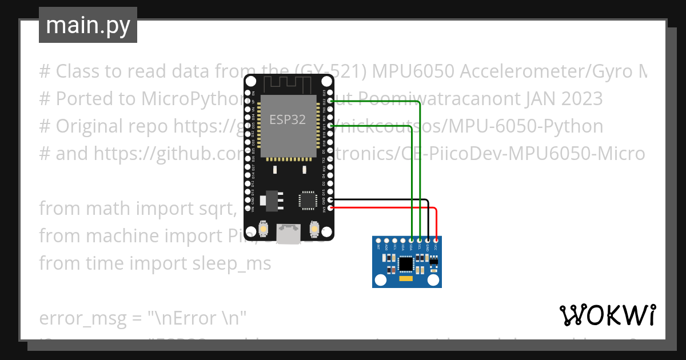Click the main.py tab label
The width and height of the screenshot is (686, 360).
pyautogui.click(x=87, y=25)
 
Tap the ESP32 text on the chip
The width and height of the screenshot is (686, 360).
pyautogui.click(x=287, y=119)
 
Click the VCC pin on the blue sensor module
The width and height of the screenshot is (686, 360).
pyautogui.click(x=436, y=241)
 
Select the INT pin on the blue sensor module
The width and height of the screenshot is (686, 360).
pyautogui.click(x=378, y=241)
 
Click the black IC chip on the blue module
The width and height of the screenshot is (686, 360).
pyautogui.click(x=406, y=263)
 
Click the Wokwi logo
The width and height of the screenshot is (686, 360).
pyautogui.click(x=607, y=315)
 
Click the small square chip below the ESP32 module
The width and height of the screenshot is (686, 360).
pyautogui.click(x=307, y=200)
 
